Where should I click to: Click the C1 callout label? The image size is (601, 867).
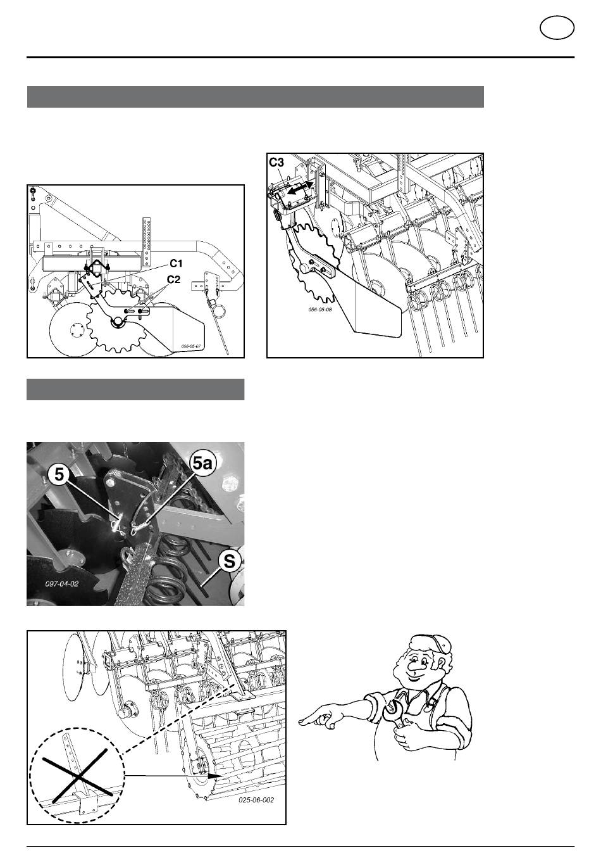pyautogui.click(x=176, y=263)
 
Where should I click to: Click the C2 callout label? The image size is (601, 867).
pyautogui.click(x=173, y=279)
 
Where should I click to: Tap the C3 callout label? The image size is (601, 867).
pyautogui.click(x=276, y=163)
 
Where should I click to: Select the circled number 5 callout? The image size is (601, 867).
pyautogui.click(x=59, y=474)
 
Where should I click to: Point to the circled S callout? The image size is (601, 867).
pyautogui.click(x=230, y=561)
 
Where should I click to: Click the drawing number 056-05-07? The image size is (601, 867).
pyautogui.click(x=192, y=347)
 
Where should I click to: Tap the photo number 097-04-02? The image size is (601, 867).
pyautogui.click(x=62, y=584)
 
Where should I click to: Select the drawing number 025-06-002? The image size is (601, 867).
pyautogui.click(x=256, y=800)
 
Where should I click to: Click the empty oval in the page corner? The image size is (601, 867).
pyautogui.click(x=557, y=28)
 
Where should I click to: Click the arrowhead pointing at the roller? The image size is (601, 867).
pyautogui.click(x=214, y=776)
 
